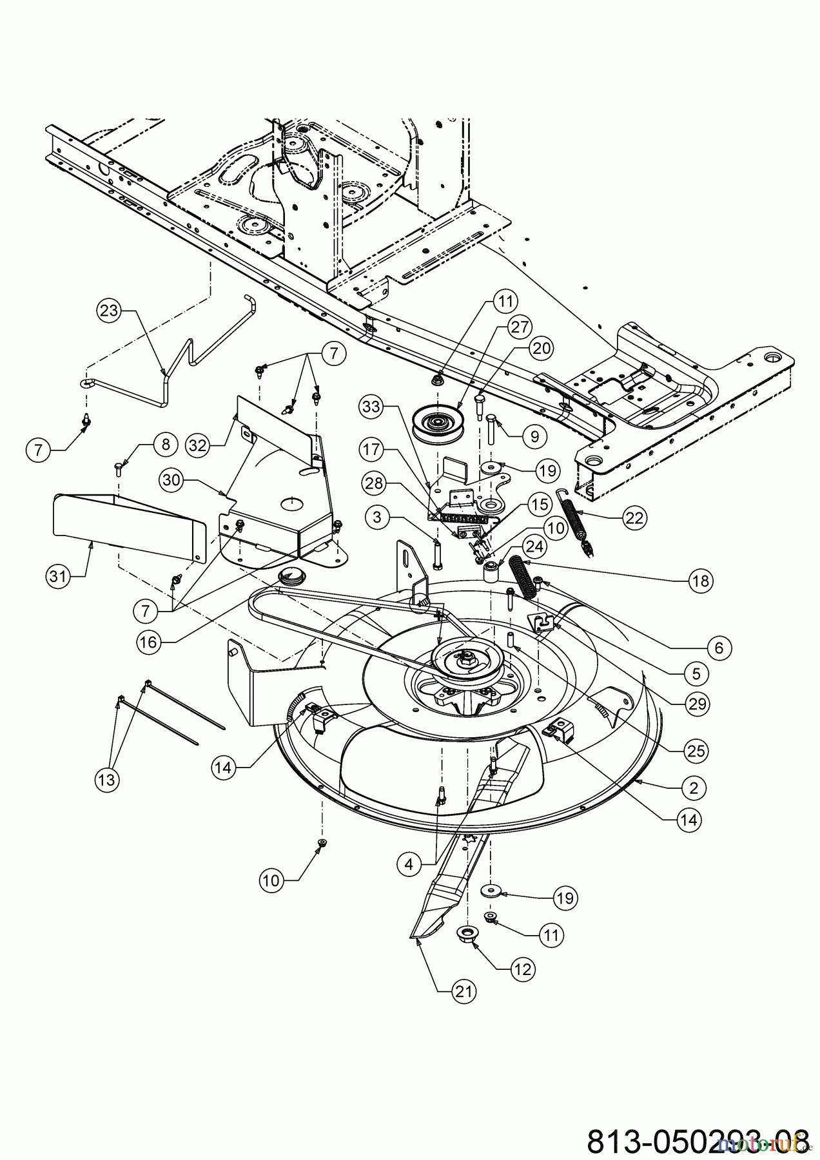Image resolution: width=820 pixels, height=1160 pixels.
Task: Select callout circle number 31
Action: click(x=59, y=577)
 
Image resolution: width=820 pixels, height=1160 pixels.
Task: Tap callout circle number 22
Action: click(x=635, y=517)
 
